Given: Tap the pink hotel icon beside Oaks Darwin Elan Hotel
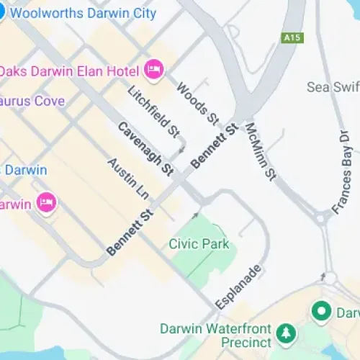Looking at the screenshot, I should click(154, 69).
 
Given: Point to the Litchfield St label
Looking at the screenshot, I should click(153, 111).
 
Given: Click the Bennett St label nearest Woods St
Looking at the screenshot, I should click(215, 147).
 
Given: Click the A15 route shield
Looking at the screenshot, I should click(292, 36).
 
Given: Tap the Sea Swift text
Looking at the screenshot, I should click(333, 86).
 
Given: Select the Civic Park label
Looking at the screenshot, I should click(199, 244).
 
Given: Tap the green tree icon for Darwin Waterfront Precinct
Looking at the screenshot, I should click(287, 332).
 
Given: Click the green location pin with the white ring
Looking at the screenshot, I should click(321, 311).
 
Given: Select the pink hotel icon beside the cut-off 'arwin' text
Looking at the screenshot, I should click(47, 203).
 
